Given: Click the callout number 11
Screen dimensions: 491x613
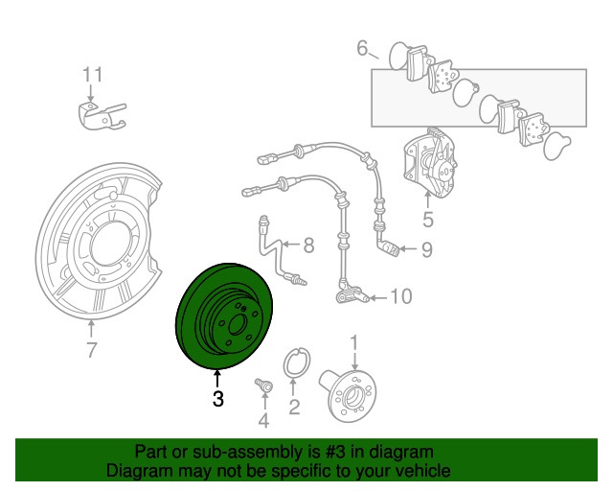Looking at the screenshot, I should (91, 74).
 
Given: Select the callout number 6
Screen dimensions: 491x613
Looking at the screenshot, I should (363, 46).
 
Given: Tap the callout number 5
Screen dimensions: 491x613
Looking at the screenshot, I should (428, 220).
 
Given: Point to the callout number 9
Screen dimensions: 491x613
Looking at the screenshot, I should (426, 250).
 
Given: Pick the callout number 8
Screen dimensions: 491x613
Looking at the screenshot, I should (308, 245).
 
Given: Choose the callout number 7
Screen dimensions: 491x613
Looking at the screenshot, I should (91, 351).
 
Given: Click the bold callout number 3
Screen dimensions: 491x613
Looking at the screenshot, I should (217, 399).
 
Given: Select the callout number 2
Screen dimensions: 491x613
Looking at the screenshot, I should (294, 409).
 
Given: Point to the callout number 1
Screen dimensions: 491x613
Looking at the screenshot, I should (353, 341).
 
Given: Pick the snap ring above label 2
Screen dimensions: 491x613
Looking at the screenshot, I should (297, 365).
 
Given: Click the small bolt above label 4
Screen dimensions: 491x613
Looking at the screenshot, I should (261, 385).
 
